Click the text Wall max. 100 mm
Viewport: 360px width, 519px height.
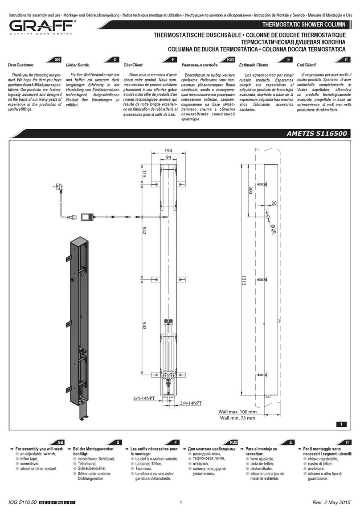(237, 412)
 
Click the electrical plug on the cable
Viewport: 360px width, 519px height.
(57, 187)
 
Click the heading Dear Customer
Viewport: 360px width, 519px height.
(20, 65)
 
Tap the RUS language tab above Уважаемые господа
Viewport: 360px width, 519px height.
(230, 59)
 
